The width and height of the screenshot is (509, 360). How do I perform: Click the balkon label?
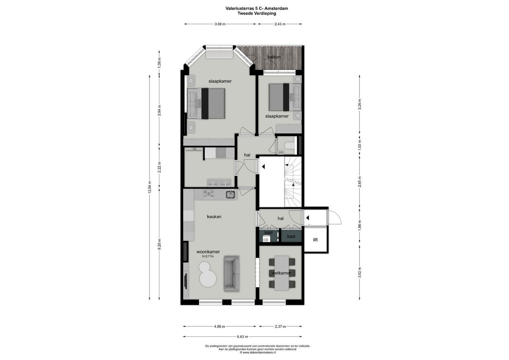pyautogui.click(x=274, y=57)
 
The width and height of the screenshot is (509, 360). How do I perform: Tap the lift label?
pyautogui.click(x=315, y=240)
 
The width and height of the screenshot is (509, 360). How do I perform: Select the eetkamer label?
pyautogui.click(x=281, y=273)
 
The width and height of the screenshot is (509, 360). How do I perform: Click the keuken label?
pyautogui.click(x=214, y=217)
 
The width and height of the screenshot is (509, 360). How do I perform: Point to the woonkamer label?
pyautogui.click(x=208, y=252)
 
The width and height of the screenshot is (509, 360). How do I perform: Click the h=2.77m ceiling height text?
pyautogui.click(x=208, y=257)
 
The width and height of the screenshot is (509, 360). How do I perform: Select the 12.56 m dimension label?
pyautogui.click(x=150, y=187)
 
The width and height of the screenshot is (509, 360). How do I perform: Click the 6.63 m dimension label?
pyautogui.click(x=242, y=337)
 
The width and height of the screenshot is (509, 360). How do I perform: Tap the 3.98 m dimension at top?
pyautogui.click(x=220, y=24)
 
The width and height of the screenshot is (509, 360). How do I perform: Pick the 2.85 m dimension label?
pyautogui.click(x=359, y=182)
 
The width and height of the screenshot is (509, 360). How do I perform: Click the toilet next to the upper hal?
pyautogui.click(x=289, y=145)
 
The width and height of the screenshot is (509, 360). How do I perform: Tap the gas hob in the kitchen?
pyautogui.click(x=209, y=194)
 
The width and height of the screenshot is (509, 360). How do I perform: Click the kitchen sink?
pyautogui.click(x=230, y=194)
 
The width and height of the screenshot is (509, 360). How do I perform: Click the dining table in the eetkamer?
pyautogui.click(x=282, y=273)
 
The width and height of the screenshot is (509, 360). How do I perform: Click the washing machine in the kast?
pyautogui.click(x=266, y=238)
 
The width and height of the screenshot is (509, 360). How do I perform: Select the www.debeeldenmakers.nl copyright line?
pyautogui.click(x=258, y=352)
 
